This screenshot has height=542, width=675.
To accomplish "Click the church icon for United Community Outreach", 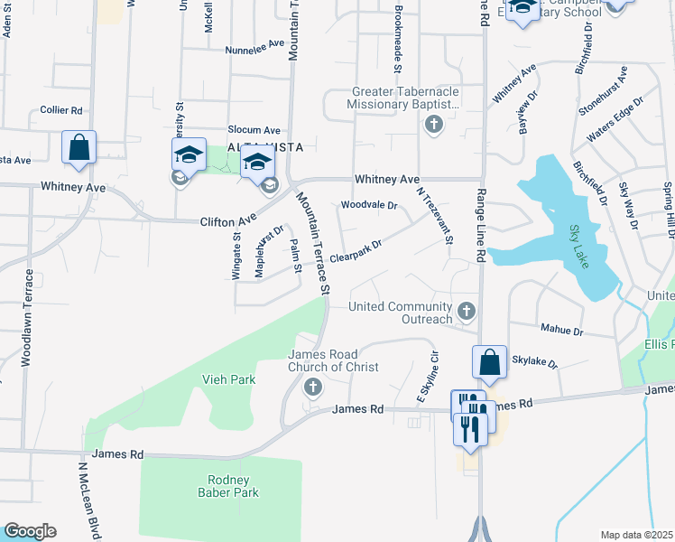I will (467, 312).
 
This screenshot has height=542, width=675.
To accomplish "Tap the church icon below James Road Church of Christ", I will (313, 388).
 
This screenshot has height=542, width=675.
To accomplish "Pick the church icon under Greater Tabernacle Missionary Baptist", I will (433, 124).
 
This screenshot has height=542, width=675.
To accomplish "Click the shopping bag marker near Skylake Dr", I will (488, 362).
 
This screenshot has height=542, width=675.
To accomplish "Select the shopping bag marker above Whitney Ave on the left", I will (79, 148).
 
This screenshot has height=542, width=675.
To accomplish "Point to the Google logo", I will (30, 531).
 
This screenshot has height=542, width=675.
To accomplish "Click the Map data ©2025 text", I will (635, 535).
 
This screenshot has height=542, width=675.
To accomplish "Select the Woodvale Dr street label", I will (369, 205).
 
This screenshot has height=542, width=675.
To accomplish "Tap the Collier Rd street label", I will (61, 110).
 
